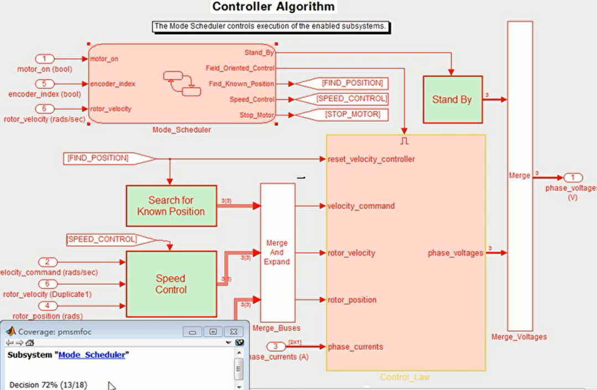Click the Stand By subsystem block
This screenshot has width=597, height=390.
click(x=452, y=100)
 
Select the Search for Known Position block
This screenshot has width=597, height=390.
click(x=171, y=206)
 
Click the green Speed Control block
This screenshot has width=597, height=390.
click(x=171, y=284)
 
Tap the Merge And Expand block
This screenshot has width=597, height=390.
click(x=277, y=252)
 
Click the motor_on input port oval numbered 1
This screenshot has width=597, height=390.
click(x=45, y=59)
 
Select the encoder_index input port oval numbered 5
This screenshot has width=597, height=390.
click(x=45, y=84)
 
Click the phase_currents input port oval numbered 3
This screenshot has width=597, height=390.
click(x=275, y=347)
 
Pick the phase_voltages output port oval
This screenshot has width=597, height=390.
click(x=573, y=178)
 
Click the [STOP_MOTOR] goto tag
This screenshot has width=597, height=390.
click(x=352, y=115)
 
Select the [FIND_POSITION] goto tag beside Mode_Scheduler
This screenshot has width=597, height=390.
click(x=352, y=83)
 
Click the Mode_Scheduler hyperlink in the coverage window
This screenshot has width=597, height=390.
click(x=92, y=355)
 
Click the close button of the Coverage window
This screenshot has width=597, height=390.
click(x=234, y=331)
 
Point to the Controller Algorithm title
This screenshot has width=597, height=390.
click(x=274, y=7)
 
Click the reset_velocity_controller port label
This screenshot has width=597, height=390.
click(x=371, y=159)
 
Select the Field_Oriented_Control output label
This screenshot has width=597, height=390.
click(x=240, y=68)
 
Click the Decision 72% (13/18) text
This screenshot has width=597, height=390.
click(x=48, y=384)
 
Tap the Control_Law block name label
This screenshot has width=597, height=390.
click(x=405, y=377)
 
